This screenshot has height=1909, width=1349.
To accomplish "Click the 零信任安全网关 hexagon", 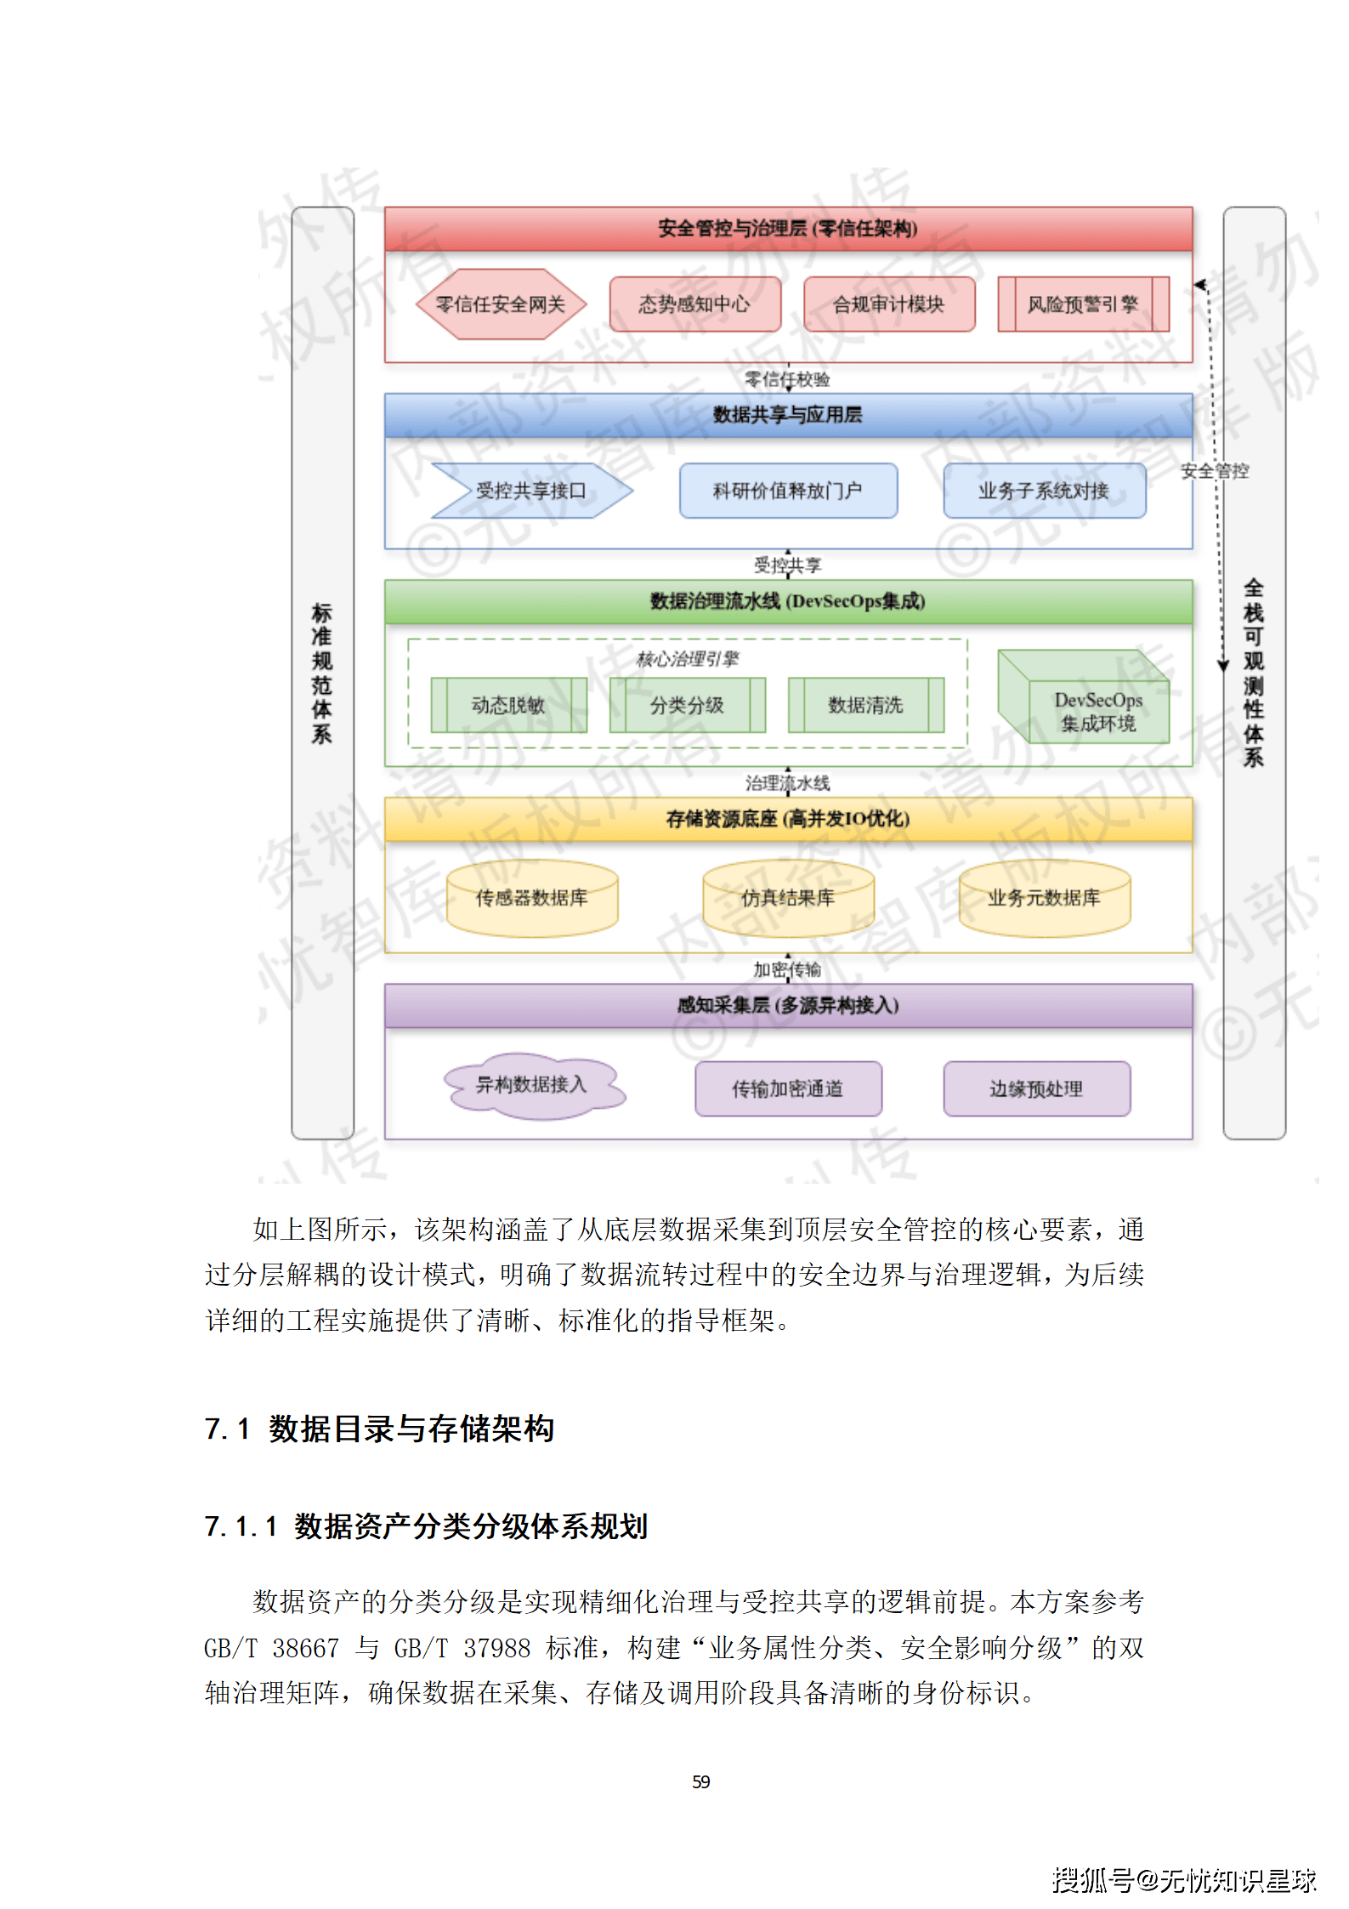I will tap(501, 304).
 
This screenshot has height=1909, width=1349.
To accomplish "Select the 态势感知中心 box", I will tap(694, 304).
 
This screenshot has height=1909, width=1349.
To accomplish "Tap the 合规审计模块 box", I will tap(888, 304).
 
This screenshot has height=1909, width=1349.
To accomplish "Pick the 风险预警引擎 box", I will tap(1082, 304).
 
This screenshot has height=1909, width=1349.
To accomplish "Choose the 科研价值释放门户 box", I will tap(788, 491).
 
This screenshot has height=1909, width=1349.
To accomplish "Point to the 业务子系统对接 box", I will tap(1044, 491).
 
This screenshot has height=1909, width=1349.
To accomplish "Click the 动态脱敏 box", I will tap(508, 705).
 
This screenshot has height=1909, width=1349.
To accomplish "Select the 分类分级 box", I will tap(687, 705).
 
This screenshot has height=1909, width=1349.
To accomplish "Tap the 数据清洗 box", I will tap(865, 705).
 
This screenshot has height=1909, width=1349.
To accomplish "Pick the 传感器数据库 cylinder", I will tap(532, 899).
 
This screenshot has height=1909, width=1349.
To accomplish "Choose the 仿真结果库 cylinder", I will tap(788, 899).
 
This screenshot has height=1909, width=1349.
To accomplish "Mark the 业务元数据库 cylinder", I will tap(1044, 899).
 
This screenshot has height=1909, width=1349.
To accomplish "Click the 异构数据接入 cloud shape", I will tap(532, 1085).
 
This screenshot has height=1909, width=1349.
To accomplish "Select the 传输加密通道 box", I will tap(788, 1088).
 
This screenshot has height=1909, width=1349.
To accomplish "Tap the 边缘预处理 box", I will tap(1036, 1088).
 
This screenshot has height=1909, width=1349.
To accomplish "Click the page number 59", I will tap(701, 1781).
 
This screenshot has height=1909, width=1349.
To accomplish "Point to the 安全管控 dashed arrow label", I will tap(1215, 471).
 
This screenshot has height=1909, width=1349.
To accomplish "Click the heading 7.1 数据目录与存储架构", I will tap(379, 1429).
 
